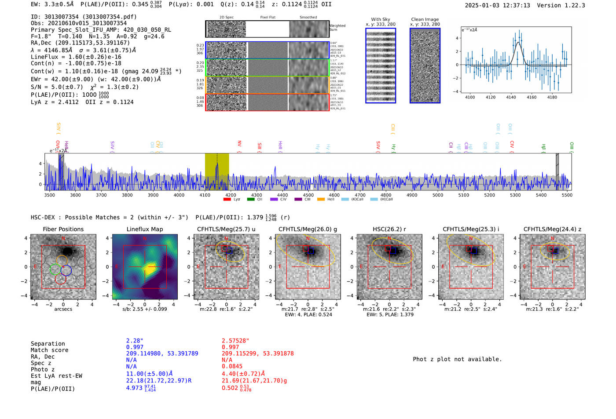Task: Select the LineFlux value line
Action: pos(76,57)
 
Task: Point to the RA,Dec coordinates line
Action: pos(80,43)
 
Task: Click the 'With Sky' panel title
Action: pos(380,19)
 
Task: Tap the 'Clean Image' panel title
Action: pos(425,19)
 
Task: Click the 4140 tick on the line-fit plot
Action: pos(511,97)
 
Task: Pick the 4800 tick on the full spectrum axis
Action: pos(386,195)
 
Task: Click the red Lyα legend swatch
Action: pos(227,200)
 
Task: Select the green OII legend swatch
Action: pos(251,200)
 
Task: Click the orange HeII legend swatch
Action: pos(321,200)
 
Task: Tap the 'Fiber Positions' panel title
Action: pos(63,229)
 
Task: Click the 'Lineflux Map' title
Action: pos(144,229)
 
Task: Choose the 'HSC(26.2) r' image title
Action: pos(389,229)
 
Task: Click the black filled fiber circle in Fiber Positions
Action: pos(67,251)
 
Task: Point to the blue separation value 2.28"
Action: pos(135,341)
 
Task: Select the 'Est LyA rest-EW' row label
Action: pos(56,376)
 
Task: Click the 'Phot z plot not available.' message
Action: pos(457,359)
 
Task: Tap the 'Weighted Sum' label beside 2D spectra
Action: pos(337,28)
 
